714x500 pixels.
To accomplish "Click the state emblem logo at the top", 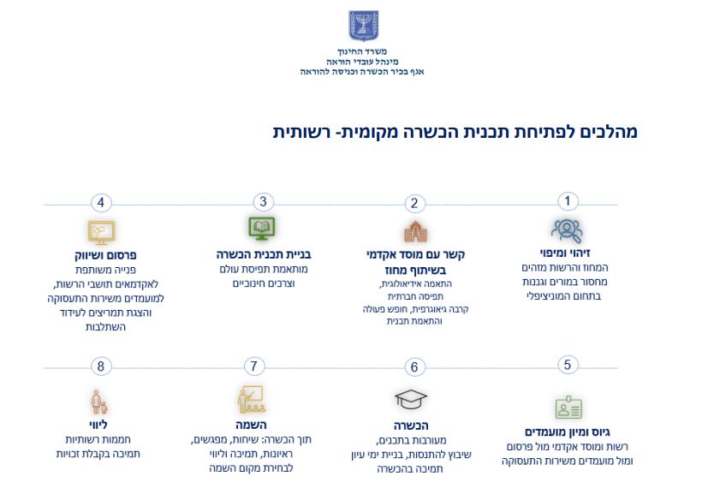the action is pyautogui.click(x=363, y=26).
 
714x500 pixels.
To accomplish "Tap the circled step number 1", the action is pyautogui.click(x=568, y=201).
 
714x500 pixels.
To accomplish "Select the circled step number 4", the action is pyautogui.click(x=101, y=203).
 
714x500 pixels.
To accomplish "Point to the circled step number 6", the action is pyautogui.click(x=414, y=366).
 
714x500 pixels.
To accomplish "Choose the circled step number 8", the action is pyautogui.click(x=101, y=366).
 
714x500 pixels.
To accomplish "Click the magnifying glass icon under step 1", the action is pyautogui.click(x=567, y=231).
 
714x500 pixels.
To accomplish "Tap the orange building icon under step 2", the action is pyautogui.click(x=415, y=232).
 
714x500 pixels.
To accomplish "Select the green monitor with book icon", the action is pyautogui.click(x=262, y=228).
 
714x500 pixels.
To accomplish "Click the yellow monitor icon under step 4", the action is pyautogui.click(x=101, y=232).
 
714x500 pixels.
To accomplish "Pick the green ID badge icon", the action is pyautogui.click(x=568, y=408).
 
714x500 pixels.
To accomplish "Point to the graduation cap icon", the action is pyautogui.click(x=411, y=400).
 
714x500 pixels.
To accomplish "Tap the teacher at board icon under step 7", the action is pyautogui.click(x=252, y=400).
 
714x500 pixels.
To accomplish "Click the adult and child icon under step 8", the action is pyautogui.click(x=98, y=402).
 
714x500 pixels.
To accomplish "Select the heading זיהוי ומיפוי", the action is pyautogui.click(x=565, y=253).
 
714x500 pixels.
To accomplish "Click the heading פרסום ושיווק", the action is pyautogui.click(x=105, y=255).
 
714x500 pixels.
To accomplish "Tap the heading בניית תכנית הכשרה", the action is pyautogui.click(x=264, y=254).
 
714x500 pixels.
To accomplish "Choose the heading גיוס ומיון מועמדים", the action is pyautogui.click(x=568, y=432).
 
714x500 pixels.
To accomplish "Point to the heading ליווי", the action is pyautogui.click(x=98, y=425).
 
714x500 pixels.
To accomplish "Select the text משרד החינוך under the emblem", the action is pyautogui.click(x=362, y=51).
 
